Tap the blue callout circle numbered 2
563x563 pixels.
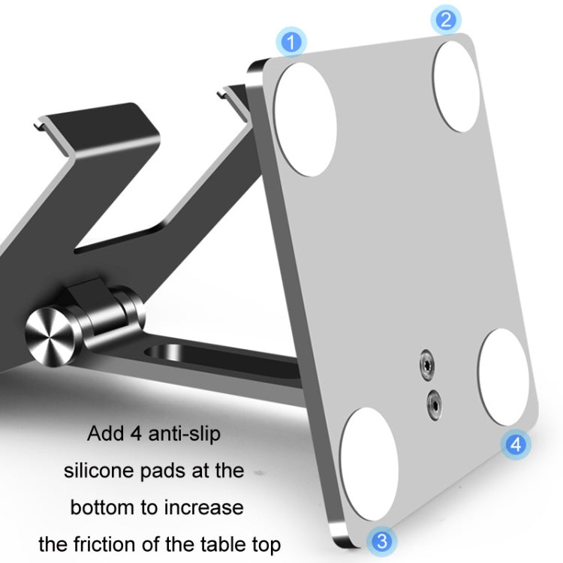(446, 19)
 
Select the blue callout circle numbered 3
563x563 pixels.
(382, 539)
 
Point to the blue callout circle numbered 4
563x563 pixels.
(514, 444)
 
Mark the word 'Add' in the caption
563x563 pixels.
(104, 434)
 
